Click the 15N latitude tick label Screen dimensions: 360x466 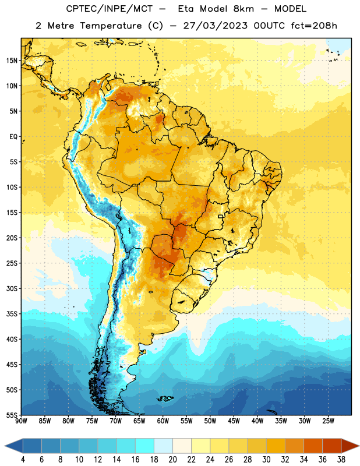pos(12,61)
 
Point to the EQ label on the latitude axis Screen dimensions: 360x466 pos(13,137)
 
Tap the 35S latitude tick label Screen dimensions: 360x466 pos(12,314)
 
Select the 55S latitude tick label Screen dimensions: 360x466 pos(12,415)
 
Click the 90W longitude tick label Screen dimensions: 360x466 pos(21,421)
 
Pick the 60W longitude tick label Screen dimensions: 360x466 pos(163,421)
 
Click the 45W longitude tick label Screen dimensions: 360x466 pos(234,421)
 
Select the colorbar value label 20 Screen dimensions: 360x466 pos(172,460)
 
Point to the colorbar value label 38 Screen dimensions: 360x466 pos(341,460)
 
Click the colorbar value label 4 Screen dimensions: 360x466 pos(23,460)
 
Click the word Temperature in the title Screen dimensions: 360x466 pos(111,26)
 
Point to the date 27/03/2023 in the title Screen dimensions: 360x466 pos(215,26)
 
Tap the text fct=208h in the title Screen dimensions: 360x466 pos(314,26)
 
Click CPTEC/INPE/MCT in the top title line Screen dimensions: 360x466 pos(110,9)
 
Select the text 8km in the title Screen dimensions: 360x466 pos(243,9)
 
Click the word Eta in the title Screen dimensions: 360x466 pos(186,9)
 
